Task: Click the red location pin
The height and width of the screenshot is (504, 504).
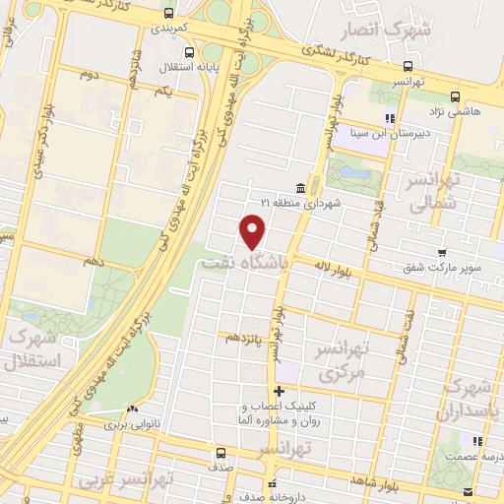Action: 254,231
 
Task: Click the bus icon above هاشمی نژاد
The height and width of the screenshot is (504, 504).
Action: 455,96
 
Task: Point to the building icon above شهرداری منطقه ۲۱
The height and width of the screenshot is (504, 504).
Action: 299,186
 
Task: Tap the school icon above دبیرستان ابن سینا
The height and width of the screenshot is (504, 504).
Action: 390,118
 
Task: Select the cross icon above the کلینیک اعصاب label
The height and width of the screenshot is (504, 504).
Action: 279,391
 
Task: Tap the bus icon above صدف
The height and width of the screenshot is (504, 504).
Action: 220,454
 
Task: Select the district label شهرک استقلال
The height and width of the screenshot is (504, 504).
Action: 32,348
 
